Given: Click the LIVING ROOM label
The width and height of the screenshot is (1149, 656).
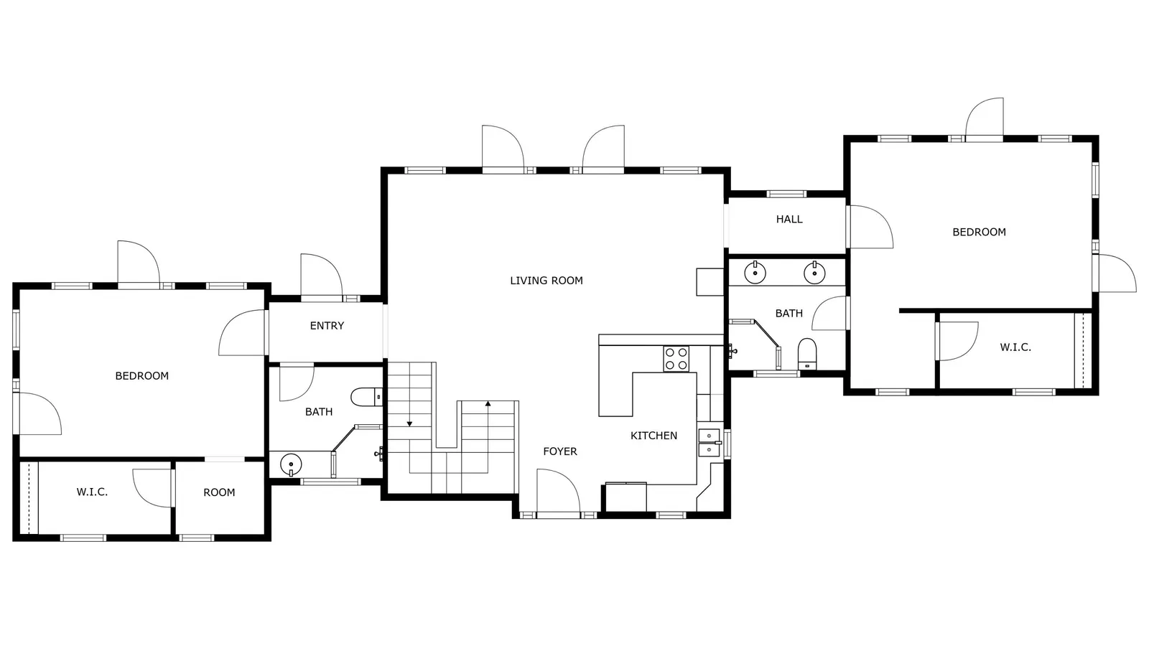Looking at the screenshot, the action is tap(546, 281).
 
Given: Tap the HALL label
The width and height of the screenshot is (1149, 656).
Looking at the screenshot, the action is tap(789, 220).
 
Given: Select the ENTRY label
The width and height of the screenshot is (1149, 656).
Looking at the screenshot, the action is tap(327, 325).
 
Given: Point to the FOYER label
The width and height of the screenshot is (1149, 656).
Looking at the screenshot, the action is tap(560, 451).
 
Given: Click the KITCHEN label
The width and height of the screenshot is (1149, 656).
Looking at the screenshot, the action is tap(653, 436).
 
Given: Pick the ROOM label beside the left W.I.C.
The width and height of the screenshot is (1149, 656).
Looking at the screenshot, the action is tap(219, 492).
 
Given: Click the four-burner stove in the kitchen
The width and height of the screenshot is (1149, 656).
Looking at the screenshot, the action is tap(676, 359).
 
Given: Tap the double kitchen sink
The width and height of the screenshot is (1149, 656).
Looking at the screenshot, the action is tap(710, 442).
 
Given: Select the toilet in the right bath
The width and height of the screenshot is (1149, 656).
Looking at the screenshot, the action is tap(807, 354).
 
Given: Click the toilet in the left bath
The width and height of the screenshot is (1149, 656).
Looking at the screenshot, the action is tap(366, 397).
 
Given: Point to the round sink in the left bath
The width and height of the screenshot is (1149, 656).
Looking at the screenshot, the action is tap(291, 465).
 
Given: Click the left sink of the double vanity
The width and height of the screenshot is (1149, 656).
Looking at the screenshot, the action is tap(755, 272).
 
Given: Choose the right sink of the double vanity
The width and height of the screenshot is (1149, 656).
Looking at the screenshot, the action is tap(814, 272).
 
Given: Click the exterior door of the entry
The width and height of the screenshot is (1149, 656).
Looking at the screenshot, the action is tap(322, 276).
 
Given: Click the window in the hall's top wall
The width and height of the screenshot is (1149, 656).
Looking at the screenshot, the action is tap(786, 194).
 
